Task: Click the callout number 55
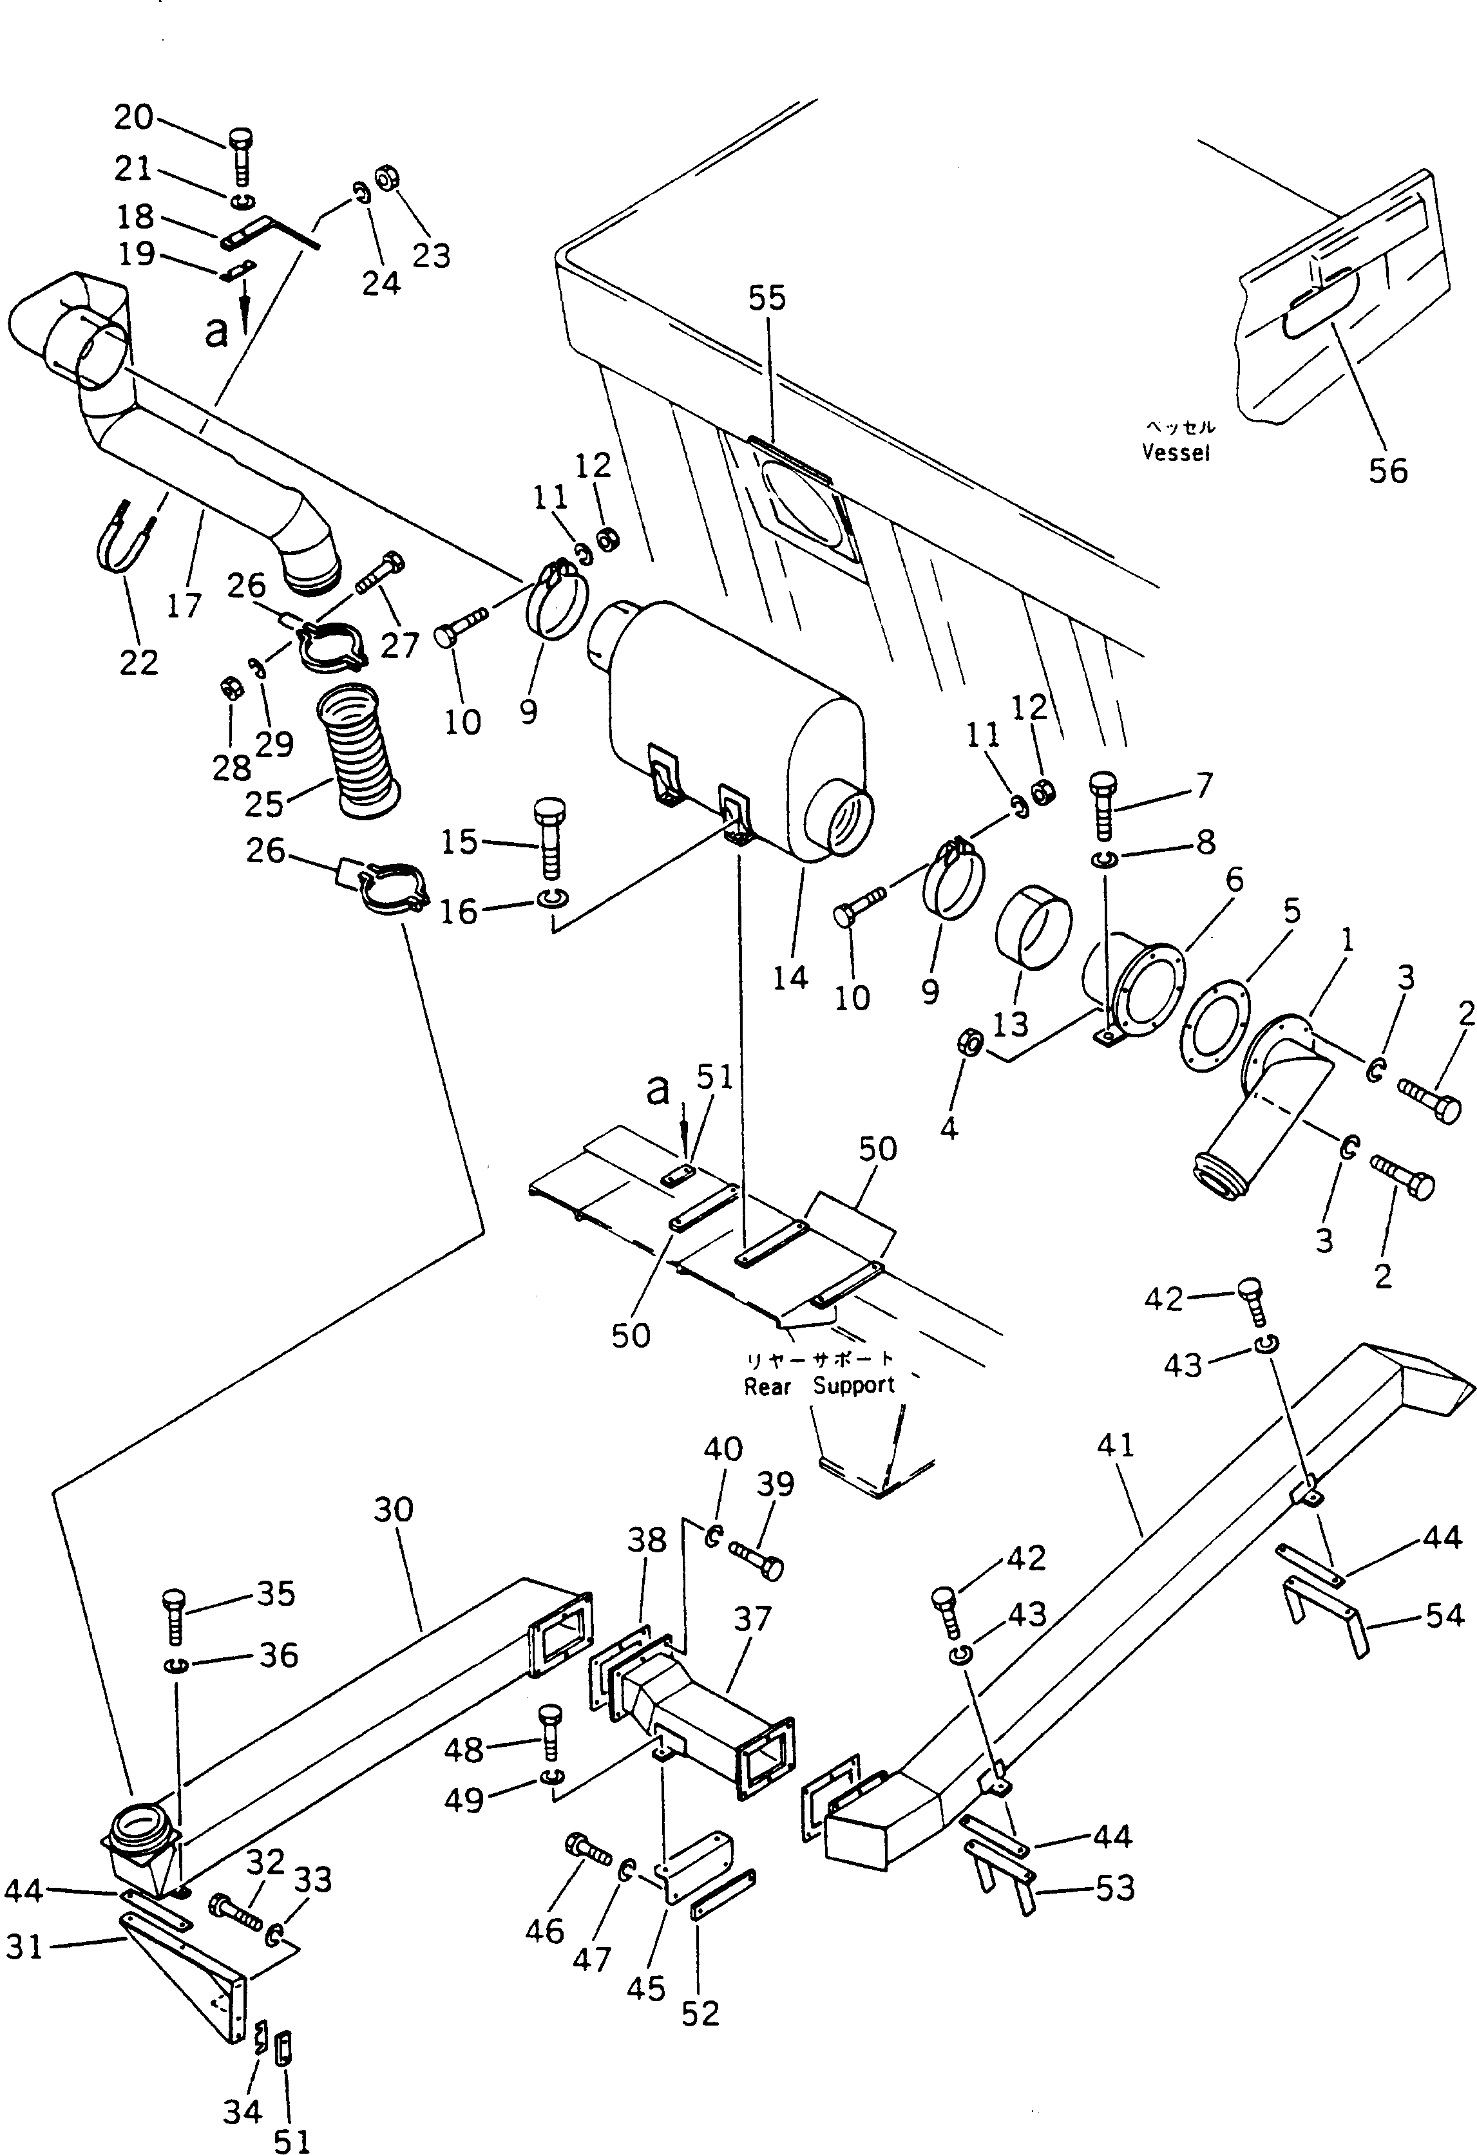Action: pyautogui.click(x=767, y=299)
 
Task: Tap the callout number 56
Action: pyautogui.click(x=1388, y=471)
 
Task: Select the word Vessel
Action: pyautogui.click(x=1176, y=453)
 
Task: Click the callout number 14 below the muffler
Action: pyautogui.click(x=790, y=977)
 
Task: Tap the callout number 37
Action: pyautogui.click(x=752, y=1619)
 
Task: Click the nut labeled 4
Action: pyautogui.click(x=969, y=1041)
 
